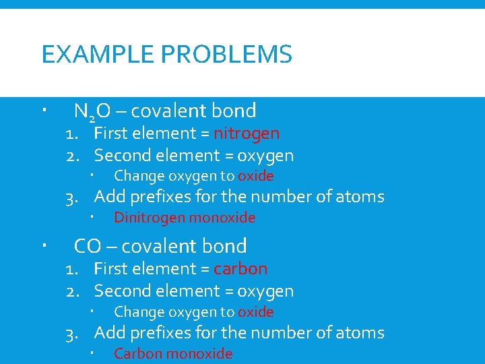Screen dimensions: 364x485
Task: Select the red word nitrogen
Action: click(x=247, y=133)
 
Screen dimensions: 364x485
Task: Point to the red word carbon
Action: click(x=240, y=268)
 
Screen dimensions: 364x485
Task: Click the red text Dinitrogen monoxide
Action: click(x=185, y=218)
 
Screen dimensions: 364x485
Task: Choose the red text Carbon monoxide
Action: click(x=173, y=354)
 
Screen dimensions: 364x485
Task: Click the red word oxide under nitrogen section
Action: click(x=256, y=176)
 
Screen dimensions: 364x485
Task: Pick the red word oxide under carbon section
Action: click(x=256, y=312)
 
